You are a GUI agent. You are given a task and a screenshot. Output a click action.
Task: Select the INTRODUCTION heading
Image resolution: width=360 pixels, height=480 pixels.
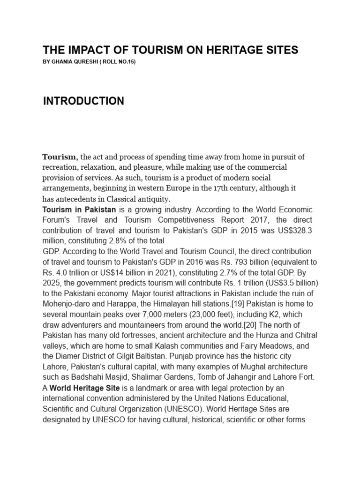[83, 101]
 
